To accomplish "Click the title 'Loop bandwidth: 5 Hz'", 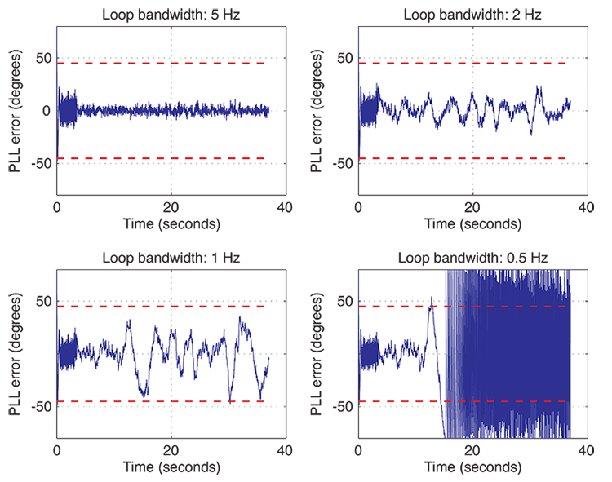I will pyautogui.click(x=171, y=14).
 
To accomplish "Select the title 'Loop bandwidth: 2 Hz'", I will pyautogui.click(x=472, y=14).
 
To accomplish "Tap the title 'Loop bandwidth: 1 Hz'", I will pyautogui.click(x=171, y=258).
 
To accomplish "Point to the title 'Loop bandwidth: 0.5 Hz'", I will pyautogui.click(x=472, y=258).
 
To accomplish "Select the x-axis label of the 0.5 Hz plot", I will pyautogui.click(x=472, y=467).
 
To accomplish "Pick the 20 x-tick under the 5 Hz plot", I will pyautogui.click(x=171, y=206).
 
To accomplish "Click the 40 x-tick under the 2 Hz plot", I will pyautogui.click(x=586, y=206).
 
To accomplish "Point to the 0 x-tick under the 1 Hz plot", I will pyautogui.click(x=57, y=450).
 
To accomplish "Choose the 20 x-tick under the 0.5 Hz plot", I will pyautogui.click(x=472, y=450).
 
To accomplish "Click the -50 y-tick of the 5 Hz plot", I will pyautogui.click(x=39, y=163).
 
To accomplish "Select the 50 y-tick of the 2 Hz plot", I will pyautogui.click(x=344, y=59).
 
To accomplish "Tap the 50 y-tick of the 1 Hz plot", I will pyautogui.click(x=42, y=302).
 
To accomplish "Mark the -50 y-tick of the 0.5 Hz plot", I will pyautogui.click(x=341, y=406).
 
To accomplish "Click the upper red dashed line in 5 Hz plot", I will pyautogui.click(x=163, y=64).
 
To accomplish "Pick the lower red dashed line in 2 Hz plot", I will pyautogui.click(x=465, y=158).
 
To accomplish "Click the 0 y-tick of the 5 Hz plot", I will pyautogui.click(x=47, y=111).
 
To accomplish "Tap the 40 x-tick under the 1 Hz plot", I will pyautogui.click(x=284, y=450).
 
